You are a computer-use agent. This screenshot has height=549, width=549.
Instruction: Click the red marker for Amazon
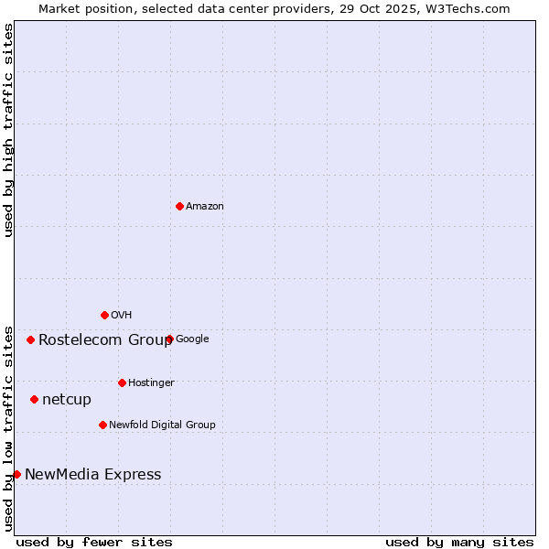179,206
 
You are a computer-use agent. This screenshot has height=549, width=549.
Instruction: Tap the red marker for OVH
104,315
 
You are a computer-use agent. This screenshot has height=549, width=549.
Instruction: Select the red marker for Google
169,339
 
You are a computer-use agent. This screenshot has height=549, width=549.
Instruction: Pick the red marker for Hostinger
122,382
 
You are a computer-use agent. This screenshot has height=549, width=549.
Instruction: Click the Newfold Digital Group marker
102,425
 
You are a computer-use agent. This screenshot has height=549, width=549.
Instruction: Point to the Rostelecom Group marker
30,339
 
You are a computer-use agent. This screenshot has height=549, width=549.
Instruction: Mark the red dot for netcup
34,399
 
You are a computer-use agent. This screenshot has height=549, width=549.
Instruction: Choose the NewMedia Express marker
16,474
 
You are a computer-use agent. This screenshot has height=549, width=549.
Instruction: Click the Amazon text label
205,207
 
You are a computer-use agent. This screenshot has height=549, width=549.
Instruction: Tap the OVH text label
122,316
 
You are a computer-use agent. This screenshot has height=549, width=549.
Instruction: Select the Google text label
192,339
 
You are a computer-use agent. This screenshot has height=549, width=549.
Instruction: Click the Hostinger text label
151,383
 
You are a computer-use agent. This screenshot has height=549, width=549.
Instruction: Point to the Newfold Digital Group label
162,425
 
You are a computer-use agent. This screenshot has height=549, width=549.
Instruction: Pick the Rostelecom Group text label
105,340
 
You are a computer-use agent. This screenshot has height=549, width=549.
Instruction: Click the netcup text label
67,400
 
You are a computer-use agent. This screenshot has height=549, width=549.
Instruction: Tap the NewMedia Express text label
92,475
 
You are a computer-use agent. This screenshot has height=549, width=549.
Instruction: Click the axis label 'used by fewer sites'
94,542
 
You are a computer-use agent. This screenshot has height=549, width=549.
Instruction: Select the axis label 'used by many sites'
459,542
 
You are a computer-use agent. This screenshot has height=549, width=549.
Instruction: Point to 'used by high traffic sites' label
8,130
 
